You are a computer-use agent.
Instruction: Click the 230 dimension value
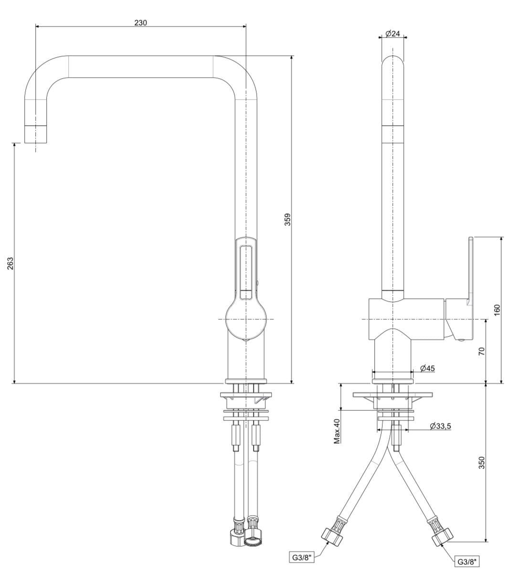(140, 22)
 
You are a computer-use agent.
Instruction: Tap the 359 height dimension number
(288, 219)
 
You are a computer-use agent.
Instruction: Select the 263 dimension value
(11, 263)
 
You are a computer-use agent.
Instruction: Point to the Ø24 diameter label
(392, 33)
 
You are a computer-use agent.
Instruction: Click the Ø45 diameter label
(427, 368)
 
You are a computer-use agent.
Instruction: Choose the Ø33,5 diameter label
(440, 426)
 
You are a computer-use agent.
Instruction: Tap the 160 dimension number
(497, 310)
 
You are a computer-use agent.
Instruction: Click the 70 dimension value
(482, 351)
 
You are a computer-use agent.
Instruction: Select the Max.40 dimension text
(337, 431)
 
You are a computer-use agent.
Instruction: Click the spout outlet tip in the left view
(35, 134)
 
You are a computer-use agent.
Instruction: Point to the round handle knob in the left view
(245, 319)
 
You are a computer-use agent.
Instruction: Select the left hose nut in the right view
(332, 537)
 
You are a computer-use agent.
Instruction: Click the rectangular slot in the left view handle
(246, 272)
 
